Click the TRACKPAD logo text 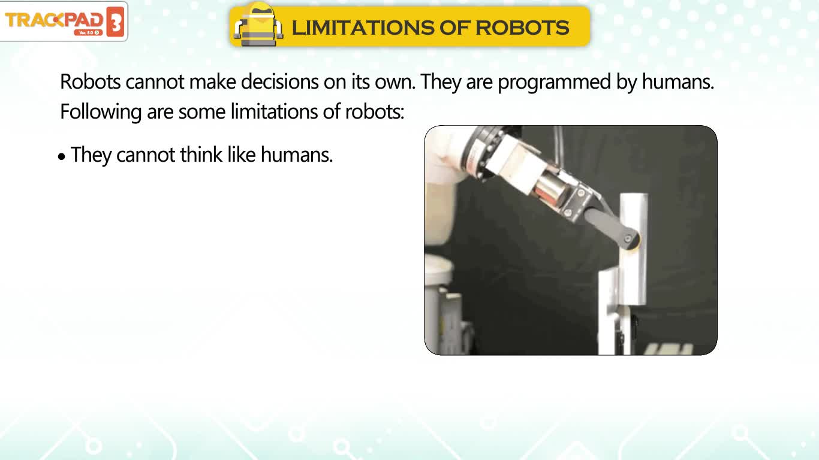pyautogui.click(x=54, y=20)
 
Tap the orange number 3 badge pyautogui.click(x=115, y=22)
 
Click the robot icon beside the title pyautogui.click(x=258, y=25)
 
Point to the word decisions pyautogui.click(x=280, y=81)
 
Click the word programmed pyautogui.click(x=554, y=82)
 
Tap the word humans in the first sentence pyautogui.click(x=678, y=81)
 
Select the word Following pyautogui.click(x=101, y=112)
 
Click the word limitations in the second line pyautogui.click(x=274, y=111)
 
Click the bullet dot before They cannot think pyautogui.click(x=61, y=157)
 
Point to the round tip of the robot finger pyautogui.click(x=632, y=241)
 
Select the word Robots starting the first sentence pyautogui.click(x=91, y=81)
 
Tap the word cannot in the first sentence pyautogui.click(x=155, y=81)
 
